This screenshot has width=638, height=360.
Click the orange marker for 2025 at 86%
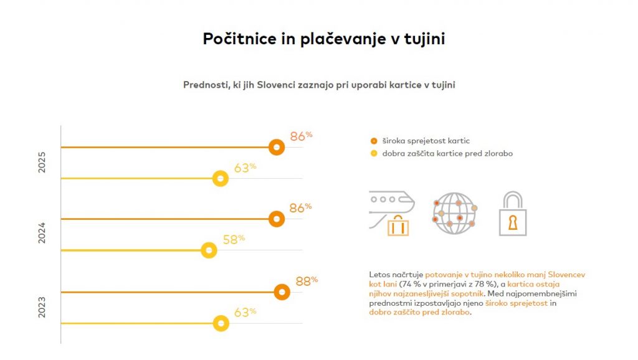pyautogui.click(x=277, y=147)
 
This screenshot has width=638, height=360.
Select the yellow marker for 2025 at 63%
pyautogui.click(x=220, y=179)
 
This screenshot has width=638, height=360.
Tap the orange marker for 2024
pyautogui.click(x=277, y=219)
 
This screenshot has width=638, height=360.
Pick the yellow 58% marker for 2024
pyautogui.click(x=209, y=250)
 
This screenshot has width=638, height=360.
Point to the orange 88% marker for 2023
pyautogui.click(x=282, y=292)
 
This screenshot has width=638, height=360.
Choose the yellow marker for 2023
pyautogui.click(x=221, y=323)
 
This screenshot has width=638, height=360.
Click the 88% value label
pyautogui.click(x=306, y=282)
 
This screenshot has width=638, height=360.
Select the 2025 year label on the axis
pyautogui.click(x=42, y=161)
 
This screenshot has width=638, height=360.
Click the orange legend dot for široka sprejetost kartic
pyautogui.click(x=373, y=141)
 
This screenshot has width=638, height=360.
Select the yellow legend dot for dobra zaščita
pyautogui.click(x=373, y=153)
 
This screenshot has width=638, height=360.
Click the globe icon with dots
pyautogui.click(x=454, y=213)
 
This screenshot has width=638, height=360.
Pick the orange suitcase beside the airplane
pyautogui.click(x=398, y=225)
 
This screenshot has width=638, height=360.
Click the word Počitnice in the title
pyautogui.click(x=239, y=39)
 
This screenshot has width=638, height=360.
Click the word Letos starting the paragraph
pyautogui.click(x=380, y=275)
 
